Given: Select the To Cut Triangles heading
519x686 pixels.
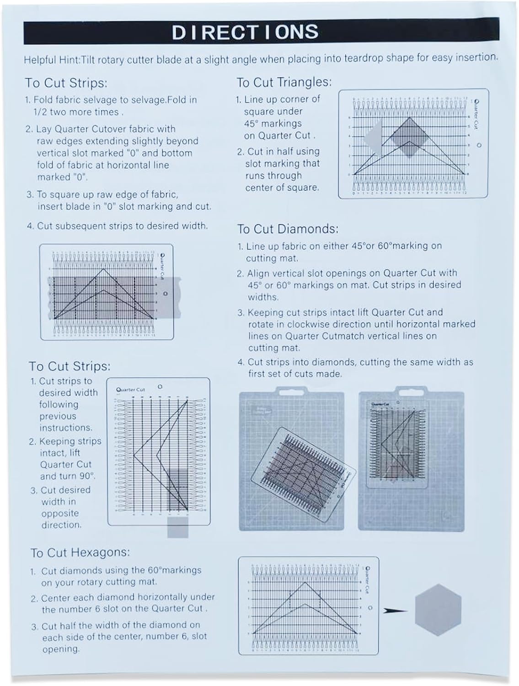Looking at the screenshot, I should (x=284, y=82).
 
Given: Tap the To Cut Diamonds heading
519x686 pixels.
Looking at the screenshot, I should (x=288, y=229).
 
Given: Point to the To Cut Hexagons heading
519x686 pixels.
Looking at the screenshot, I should (x=80, y=552).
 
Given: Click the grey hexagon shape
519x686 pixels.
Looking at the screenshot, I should (x=438, y=610).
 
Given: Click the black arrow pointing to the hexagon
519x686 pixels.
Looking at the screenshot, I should (x=395, y=610).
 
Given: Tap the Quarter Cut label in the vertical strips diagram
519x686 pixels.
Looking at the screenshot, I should (x=130, y=390).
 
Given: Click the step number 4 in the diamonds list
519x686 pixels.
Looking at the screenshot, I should (x=241, y=362).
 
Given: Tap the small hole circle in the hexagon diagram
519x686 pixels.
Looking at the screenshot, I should (x=370, y=608).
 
